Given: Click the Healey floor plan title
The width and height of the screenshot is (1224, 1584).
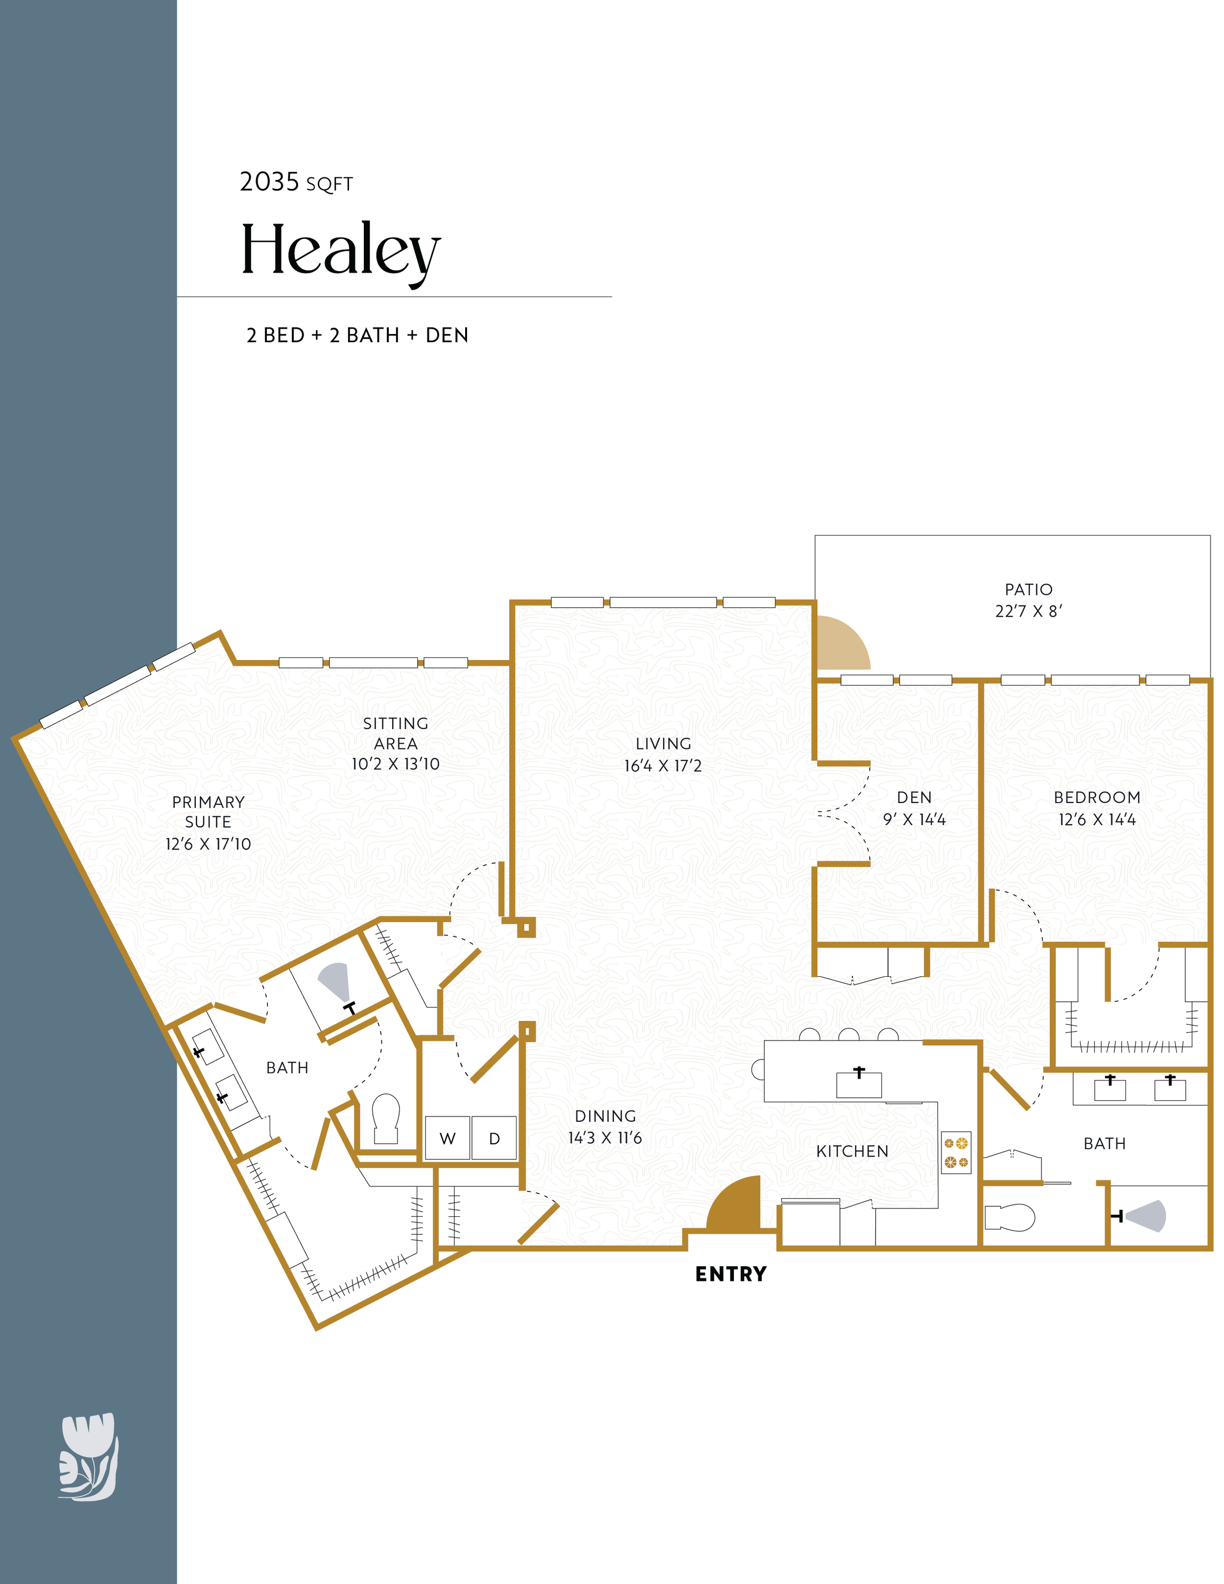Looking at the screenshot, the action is [x=340, y=251].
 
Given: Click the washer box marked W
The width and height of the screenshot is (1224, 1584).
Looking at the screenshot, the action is [x=447, y=1138].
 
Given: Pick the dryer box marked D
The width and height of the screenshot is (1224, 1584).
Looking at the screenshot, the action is [x=494, y=1138].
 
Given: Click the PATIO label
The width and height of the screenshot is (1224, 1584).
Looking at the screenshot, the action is [x=1028, y=590].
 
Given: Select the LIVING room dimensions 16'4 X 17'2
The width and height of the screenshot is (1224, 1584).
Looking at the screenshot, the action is [x=663, y=766].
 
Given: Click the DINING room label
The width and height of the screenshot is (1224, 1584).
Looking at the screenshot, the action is [x=606, y=1116].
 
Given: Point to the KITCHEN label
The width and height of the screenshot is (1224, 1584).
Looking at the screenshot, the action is [x=852, y=1151].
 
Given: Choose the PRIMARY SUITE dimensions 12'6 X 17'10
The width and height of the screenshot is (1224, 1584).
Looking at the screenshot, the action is [x=208, y=844].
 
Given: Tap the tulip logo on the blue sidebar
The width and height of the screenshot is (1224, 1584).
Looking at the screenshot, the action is [x=88, y=1456].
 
